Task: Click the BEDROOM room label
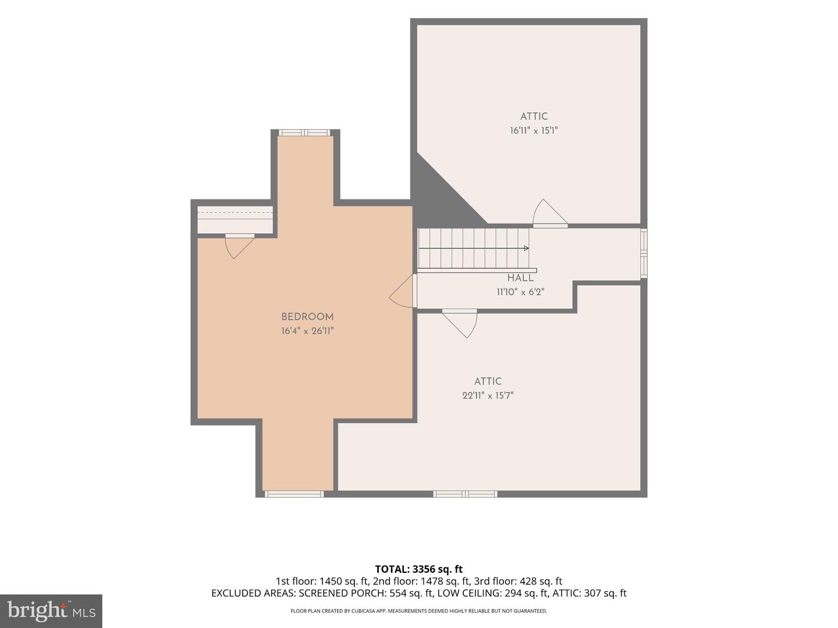pos(307,316)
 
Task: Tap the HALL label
pos(520,278)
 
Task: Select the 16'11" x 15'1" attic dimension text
pos(534,131)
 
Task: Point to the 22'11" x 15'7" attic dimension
pos(488,395)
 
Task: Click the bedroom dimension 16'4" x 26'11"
pos(307,331)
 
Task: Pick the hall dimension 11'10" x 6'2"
pos(520,292)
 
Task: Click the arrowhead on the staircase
pos(526,248)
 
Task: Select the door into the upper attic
pos(550,213)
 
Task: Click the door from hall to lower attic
pos(460,323)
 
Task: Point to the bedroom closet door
pos(240,247)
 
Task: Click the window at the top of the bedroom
pos(304,133)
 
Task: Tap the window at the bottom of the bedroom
pos(294,494)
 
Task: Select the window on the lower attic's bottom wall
pos(465,494)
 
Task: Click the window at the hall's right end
pos(644,253)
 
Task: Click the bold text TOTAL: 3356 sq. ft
pos(419,569)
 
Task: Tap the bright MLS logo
pos(51,611)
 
